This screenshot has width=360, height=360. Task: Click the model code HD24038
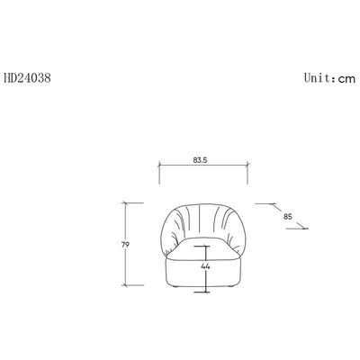tap(28, 78)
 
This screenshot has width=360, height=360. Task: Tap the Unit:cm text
tap(329, 78)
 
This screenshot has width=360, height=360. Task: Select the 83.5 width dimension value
tap(200, 160)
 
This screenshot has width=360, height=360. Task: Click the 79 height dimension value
tap(125, 245)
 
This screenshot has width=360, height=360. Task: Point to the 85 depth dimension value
tap(288, 216)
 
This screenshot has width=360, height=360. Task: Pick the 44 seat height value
tap(205, 266)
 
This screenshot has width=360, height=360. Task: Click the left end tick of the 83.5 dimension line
tap(159, 165)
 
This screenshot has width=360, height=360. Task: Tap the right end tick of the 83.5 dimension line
tap(247, 164)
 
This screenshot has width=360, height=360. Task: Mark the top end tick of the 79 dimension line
tap(125, 203)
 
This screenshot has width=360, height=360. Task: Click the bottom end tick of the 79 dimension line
tap(125, 285)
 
